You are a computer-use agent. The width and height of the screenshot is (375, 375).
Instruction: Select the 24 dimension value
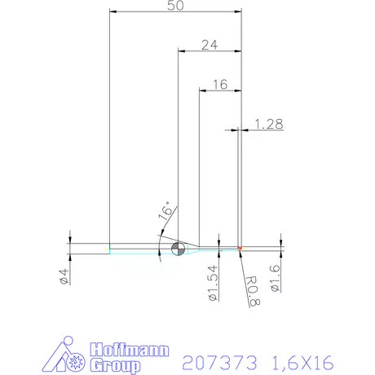209,46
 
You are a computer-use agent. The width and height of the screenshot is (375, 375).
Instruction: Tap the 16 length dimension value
219,84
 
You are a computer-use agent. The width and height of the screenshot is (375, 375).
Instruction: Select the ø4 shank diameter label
63,276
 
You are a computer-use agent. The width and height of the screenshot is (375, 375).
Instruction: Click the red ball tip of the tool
240,249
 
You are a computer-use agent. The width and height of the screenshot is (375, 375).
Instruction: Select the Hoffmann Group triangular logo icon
67,355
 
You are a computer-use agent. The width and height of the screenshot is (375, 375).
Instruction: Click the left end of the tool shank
111,249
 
